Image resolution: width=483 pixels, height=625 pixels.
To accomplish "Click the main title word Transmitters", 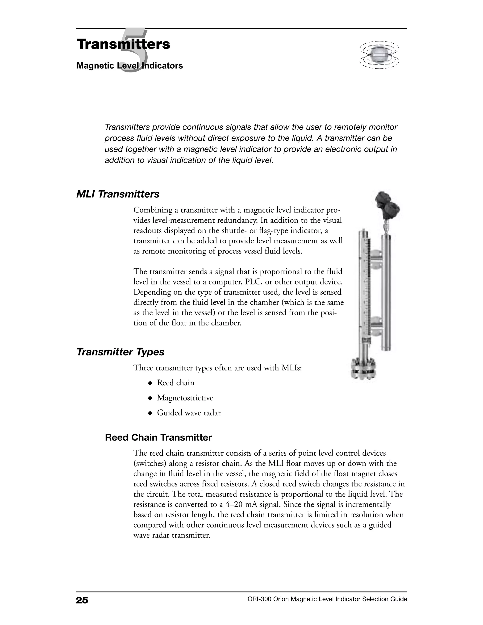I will [123, 44].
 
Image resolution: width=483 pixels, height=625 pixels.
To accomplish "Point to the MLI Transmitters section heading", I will [118, 194].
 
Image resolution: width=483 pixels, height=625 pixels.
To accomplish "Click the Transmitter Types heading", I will [120, 352].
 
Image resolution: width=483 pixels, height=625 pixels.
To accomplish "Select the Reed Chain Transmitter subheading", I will [158, 437].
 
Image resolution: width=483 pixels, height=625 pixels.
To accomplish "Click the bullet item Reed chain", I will [175, 383].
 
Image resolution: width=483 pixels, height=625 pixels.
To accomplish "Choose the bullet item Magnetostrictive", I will [185, 398].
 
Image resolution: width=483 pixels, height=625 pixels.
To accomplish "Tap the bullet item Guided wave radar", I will [189, 413].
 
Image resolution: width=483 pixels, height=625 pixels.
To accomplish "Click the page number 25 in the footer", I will [82, 600].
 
